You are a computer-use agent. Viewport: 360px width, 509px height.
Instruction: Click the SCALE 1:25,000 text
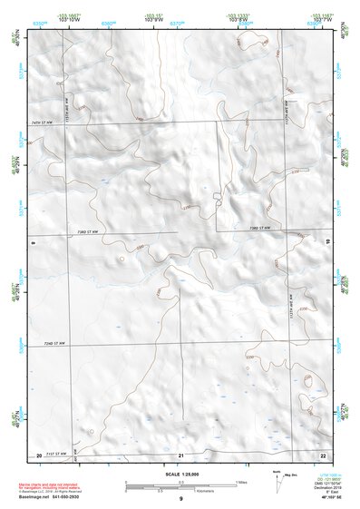point(180,474)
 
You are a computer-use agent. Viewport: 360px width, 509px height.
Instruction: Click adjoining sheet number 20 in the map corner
point(39,454)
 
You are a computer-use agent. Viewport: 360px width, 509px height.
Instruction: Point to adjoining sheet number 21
point(180,454)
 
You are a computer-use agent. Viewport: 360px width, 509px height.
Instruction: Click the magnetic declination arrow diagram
point(281,481)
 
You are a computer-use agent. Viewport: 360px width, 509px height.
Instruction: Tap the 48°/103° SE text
point(322,499)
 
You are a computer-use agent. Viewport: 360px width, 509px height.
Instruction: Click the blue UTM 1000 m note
point(323,475)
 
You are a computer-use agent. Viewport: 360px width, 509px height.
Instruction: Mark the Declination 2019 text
point(323,489)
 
